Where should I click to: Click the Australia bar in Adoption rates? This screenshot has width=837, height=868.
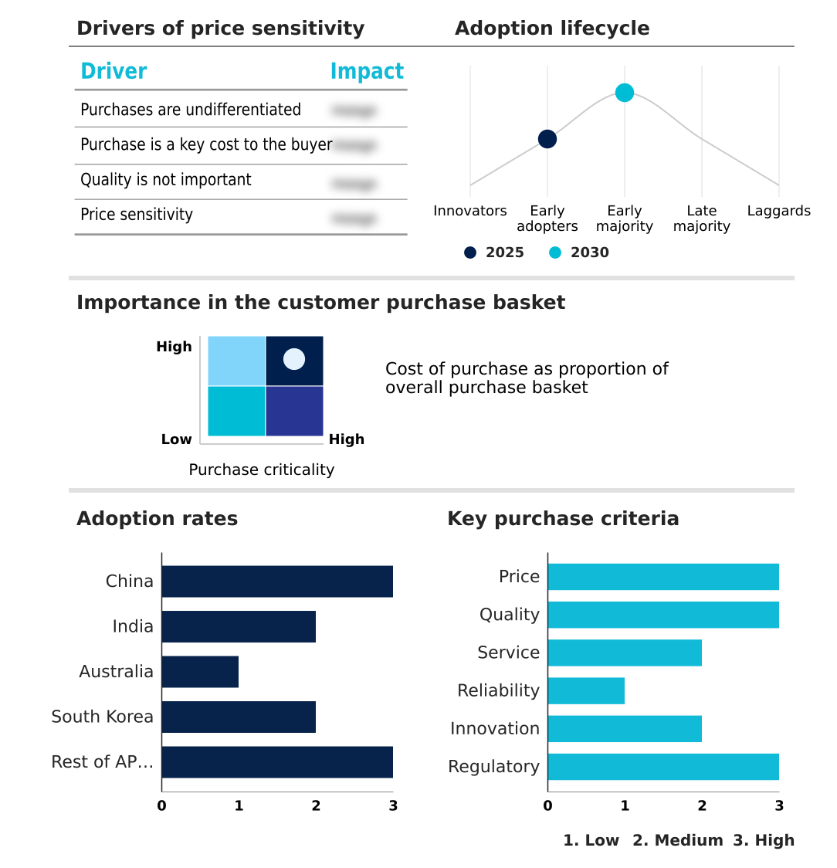click(x=200, y=672)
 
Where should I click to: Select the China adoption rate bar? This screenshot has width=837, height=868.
click(x=277, y=581)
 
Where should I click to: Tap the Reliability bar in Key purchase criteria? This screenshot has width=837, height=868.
click(x=586, y=690)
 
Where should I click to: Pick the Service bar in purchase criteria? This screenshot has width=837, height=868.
click(x=625, y=653)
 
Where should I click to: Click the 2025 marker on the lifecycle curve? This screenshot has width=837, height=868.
click(x=547, y=139)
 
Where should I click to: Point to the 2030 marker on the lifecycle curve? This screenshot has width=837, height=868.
click(x=625, y=93)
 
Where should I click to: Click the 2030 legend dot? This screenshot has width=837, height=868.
click(x=555, y=253)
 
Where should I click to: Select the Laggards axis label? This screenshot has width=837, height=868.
click(x=778, y=211)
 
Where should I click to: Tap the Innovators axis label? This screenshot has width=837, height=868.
click(x=470, y=211)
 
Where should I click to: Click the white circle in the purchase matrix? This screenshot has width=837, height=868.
click(x=294, y=359)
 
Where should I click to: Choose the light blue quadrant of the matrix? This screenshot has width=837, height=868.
click(x=236, y=361)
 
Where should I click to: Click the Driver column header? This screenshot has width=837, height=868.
click(x=114, y=71)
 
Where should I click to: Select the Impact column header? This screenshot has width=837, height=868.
click(x=367, y=71)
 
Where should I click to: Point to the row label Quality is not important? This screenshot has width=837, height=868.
click(x=166, y=180)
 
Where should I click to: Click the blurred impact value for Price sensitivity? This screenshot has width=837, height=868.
click(x=354, y=219)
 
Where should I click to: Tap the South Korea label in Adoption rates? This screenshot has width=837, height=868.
click(x=103, y=717)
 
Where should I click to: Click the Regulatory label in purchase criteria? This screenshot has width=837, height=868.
click(x=493, y=767)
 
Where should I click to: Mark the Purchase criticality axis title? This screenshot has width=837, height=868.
click(x=262, y=470)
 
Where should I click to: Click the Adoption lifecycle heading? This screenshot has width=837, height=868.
click(x=552, y=29)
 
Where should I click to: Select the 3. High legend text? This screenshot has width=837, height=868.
click(x=764, y=840)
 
